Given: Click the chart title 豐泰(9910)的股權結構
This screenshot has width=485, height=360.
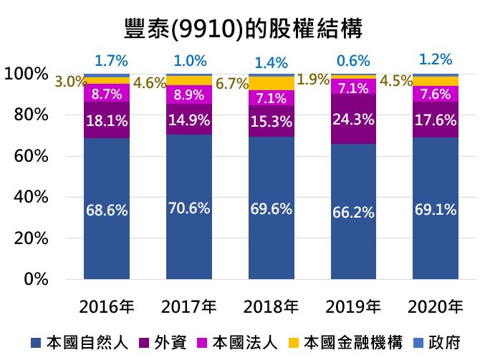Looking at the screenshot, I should pyautogui.click(x=242, y=29).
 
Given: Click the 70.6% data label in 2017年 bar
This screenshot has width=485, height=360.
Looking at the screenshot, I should pyautogui.click(x=188, y=208).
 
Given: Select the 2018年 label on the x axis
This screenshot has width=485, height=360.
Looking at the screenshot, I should pyautogui.click(x=271, y=307).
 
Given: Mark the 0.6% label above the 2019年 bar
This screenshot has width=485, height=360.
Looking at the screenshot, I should pyautogui.click(x=354, y=61).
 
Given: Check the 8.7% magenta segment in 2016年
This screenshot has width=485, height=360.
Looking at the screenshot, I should pyautogui.click(x=107, y=93).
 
